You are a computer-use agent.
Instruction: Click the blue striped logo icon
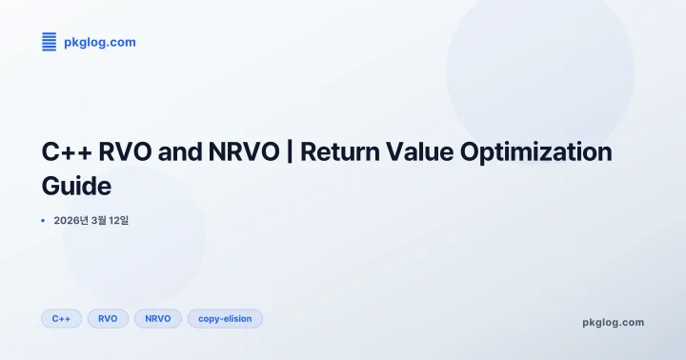(x=50, y=41)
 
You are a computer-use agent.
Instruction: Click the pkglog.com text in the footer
(x=613, y=322)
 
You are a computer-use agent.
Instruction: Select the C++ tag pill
(x=61, y=318)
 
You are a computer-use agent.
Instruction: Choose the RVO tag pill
(x=108, y=318)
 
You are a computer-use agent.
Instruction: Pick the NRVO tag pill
(x=158, y=318)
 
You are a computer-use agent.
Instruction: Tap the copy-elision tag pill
(x=225, y=318)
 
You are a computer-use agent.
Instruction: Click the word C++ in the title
(x=66, y=152)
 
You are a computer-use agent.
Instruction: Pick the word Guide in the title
(x=76, y=185)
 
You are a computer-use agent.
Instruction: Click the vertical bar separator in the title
(x=289, y=152)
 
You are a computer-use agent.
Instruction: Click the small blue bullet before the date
(x=44, y=221)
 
